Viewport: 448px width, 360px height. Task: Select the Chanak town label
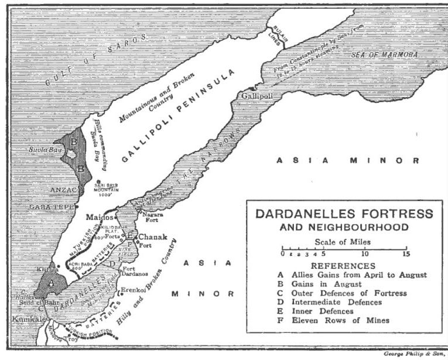tap(151, 236)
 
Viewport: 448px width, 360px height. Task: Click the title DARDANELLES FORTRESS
tap(344, 214)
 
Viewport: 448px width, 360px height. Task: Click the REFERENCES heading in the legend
tap(344, 265)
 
